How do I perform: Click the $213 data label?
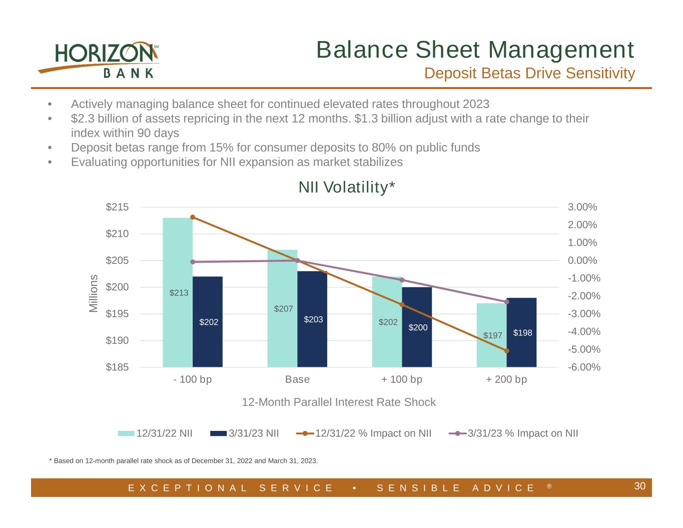pyautogui.click(x=179, y=293)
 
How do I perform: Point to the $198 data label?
pyautogui.click(x=522, y=333)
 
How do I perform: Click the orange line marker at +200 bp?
pyautogui.click(x=506, y=351)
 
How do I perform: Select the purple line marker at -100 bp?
pyautogui.click(x=193, y=262)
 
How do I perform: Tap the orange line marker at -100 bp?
pyautogui.click(x=193, y=217)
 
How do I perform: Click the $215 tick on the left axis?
pyautogui.click(x=117, y=207)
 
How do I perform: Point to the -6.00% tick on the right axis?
pyautogui.click(x=584, y=367)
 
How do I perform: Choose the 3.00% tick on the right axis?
pyautogui.click(x=582, y=207)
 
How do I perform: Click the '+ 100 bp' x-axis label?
pyautogui.click(x=402, y=379)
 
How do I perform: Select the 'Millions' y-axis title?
pyautogui.click(x=94, y=293)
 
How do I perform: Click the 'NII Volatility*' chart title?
pyautogui.click(x=347, y=187)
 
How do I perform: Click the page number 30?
pyautogui.click(x=639, y=486)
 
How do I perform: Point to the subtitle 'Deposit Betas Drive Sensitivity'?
pyautogui.click(x=529, y=74)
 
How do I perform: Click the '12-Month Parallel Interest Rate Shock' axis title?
pyautogui.click(x=339, y=402)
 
